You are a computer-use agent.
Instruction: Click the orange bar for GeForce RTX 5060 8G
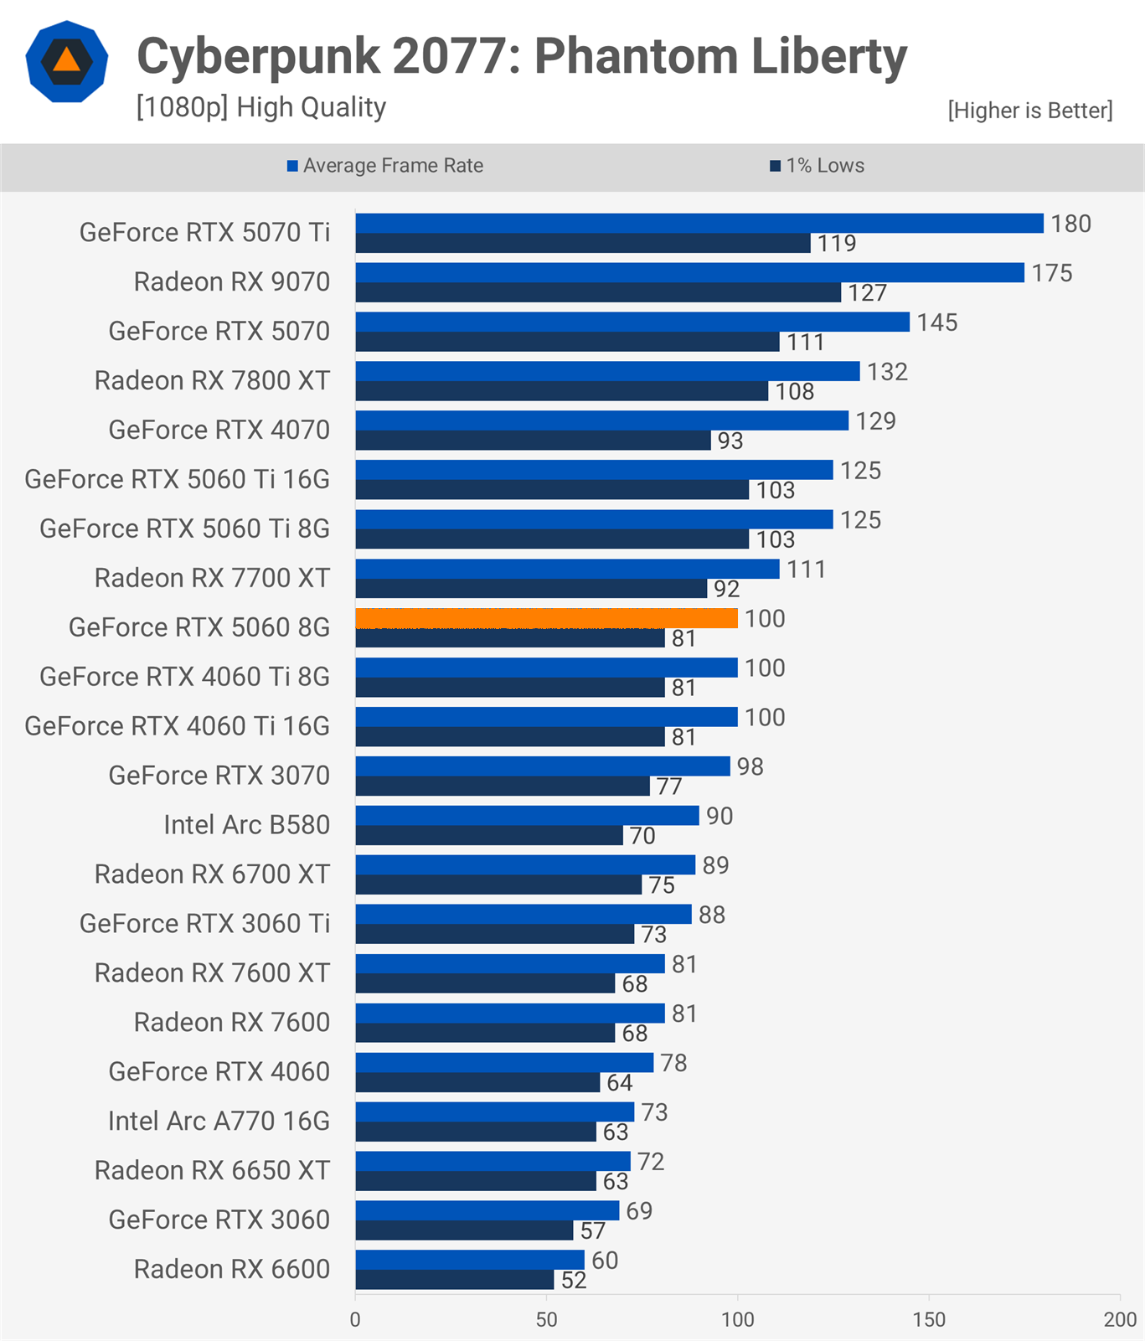[546, 618]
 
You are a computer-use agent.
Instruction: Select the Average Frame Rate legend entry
[385, 166]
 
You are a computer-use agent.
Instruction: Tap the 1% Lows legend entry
[817, 166]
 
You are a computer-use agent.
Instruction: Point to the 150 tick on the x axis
[929, 1320]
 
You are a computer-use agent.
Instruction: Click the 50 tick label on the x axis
[546, 1320]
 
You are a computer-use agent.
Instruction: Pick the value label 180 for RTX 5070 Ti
[1071, 224]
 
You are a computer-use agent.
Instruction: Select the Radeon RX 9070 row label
[232, 281]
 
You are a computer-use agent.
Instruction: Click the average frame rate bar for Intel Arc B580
[527, 816]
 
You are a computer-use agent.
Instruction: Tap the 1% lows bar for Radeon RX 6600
[455, 1280]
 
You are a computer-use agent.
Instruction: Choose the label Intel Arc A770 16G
[219, 1121]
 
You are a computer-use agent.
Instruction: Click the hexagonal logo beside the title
[67, 61]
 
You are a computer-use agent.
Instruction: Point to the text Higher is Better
[1030, 111]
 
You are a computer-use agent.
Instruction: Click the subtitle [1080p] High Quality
[261, 107]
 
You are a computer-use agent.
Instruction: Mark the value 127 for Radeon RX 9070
[867, 292]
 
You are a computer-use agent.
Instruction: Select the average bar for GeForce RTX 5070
[632, 322]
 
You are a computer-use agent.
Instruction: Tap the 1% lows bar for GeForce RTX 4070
[534, 441]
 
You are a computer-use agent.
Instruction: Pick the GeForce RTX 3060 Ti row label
[205, 923]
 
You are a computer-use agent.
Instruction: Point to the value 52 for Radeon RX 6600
[574, 1280]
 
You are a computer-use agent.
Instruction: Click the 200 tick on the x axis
[1120, 1320]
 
